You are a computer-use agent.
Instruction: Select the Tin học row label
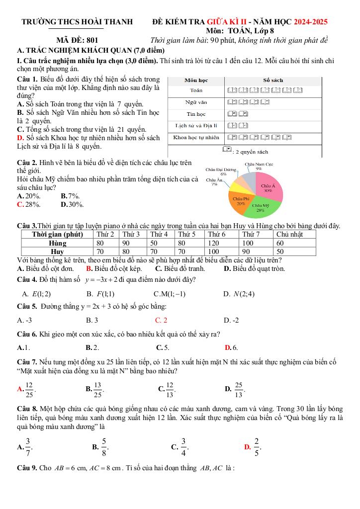[196, 114]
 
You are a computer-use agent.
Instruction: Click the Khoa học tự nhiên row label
[196, 137]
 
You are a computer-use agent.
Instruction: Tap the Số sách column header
[273, 80]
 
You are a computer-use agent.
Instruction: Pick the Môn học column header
[196, 80]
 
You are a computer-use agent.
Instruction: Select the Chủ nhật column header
[289, 234]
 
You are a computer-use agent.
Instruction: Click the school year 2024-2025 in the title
[311, 22]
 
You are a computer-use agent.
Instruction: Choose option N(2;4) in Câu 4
[245, 294]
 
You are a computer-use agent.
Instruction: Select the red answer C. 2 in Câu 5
[161, 320]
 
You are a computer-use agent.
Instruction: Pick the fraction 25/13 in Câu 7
[239, 389]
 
